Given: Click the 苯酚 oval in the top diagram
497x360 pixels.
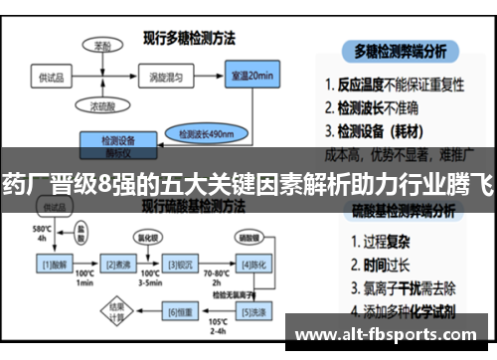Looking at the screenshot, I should click(x=101, y=46).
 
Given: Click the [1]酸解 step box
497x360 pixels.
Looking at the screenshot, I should click(x=53, y=264).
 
